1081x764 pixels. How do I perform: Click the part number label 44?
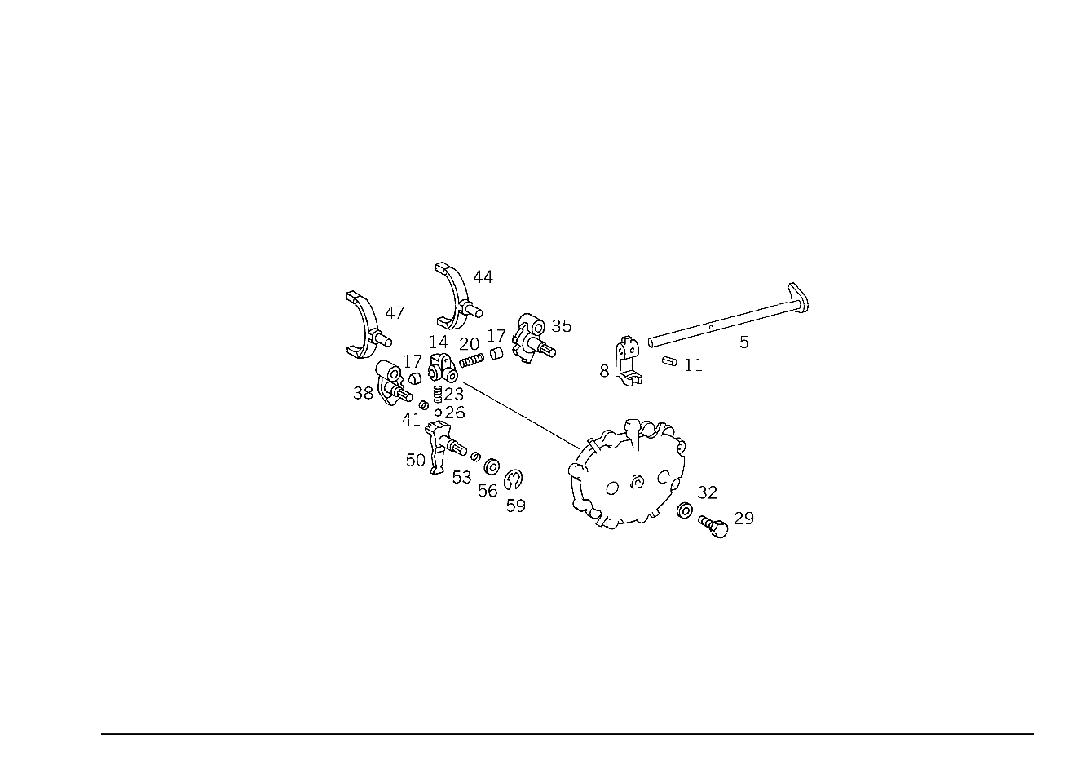coord(483,277)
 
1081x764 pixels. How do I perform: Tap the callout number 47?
coord(395,313)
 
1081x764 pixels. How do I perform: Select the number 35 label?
coord(562,326)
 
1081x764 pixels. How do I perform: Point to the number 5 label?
coord(744,342)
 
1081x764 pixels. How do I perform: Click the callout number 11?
coord(694,365)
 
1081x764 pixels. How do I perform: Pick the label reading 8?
coord(604,371)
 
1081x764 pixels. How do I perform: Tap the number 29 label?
coord(743,519)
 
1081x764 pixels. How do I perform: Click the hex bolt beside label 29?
coord(714,526)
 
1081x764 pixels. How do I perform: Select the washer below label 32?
coord(685,510)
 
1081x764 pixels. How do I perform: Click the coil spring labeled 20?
coord(471,360)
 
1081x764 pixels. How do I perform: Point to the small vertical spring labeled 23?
coord(438,394)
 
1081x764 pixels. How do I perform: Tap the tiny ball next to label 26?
coord(439,413)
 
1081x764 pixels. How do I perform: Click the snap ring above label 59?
coord(513,479)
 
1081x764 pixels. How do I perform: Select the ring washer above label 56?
coord(492,466)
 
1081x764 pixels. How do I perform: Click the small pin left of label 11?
coord(669,361)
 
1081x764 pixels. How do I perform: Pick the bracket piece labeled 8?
coord(628,362)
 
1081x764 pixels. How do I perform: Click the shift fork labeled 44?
coord(456,295)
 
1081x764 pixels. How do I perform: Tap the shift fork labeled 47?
coord(367,325)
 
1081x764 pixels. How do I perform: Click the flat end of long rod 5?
coord(799,296)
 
